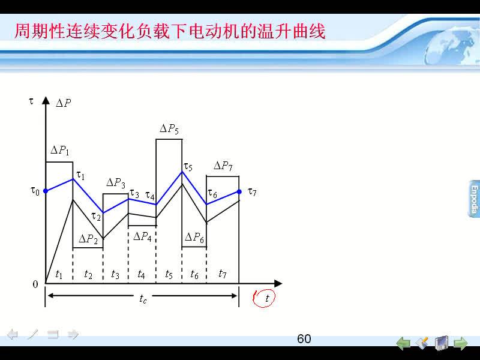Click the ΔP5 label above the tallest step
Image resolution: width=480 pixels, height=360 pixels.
(169, 128)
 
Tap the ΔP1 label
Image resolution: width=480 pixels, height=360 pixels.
(59, 151)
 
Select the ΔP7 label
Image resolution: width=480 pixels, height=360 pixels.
(223, 166)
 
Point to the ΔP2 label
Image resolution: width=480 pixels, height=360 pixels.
(88, 239)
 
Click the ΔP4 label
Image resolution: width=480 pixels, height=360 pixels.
(142, 236)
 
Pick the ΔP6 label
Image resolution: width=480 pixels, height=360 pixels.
(194, 237)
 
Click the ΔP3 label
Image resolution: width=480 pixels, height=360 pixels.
(116, 183)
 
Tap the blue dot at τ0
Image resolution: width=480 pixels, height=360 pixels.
(46, 191)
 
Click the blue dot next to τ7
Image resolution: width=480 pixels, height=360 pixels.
(239, 191)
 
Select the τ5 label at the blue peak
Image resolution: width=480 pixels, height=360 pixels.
(188, 167)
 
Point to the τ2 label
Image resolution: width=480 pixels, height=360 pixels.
(96, 217)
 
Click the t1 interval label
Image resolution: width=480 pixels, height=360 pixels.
(59, 274)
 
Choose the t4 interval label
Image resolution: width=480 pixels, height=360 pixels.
(141, 274)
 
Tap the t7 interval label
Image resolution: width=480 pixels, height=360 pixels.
(223, 274)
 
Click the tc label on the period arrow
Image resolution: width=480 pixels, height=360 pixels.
(143, 298)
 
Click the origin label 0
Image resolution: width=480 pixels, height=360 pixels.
(35, 284)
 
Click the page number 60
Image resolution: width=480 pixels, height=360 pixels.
(304, 339)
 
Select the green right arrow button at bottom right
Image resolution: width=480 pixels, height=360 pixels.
(460, 343)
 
